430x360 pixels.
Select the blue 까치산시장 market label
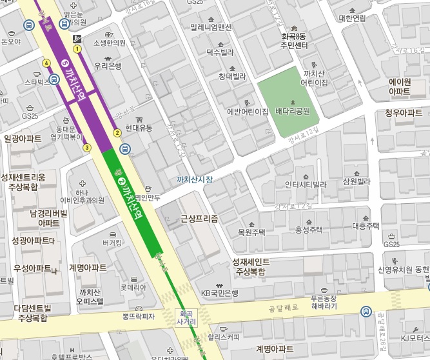pos(194,179)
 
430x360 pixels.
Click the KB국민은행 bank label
pos(219,293)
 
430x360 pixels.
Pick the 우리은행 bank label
pos(108,66)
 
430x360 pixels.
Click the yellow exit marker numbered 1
pos(77,48)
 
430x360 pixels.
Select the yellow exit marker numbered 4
pos(46,63)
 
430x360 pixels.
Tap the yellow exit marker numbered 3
pos(86,148)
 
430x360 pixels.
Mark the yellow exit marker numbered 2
pos(117,133)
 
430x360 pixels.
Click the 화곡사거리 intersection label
pos(184,317)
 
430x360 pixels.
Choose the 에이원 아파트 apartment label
pos(400,86)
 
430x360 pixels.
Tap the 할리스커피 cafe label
pos(224,336)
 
